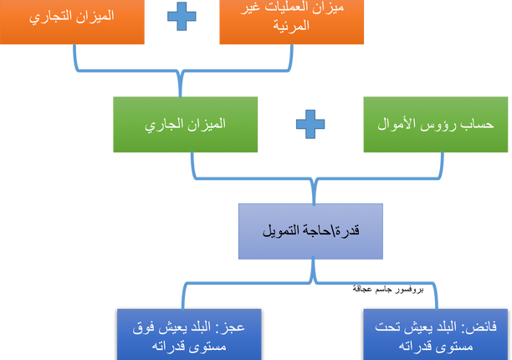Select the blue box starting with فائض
(433, 335)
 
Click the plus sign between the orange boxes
(182, 17)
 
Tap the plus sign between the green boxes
(310, 125)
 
